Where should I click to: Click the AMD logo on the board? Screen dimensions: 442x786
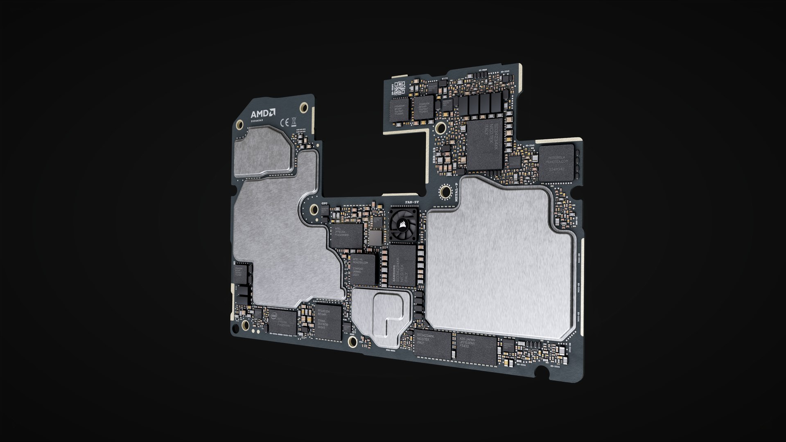click(263, 113)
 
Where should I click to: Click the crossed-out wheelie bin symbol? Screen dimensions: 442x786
click(294, 121)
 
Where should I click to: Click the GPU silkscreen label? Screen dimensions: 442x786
click(325, 203)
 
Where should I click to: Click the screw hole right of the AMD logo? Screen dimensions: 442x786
click(303, 108)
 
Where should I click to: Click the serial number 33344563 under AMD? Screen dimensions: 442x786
click(257, 121)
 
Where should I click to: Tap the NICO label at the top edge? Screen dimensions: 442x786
click(445, 77)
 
